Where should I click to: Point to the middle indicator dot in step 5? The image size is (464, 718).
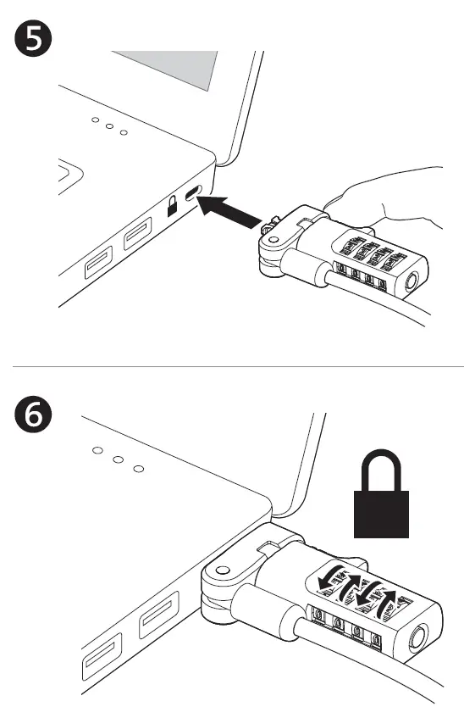108,126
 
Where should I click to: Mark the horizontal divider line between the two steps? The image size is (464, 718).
232,366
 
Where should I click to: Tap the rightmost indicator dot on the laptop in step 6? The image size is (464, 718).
140,468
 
